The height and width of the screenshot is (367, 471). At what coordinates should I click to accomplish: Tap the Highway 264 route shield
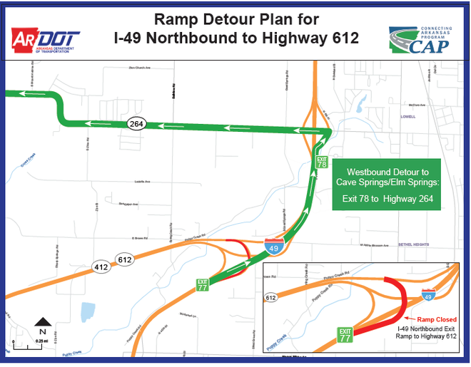pyautogui.click(x=136, y=123)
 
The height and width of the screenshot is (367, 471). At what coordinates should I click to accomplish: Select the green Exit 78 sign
pyautogui.click(x=322, y=162)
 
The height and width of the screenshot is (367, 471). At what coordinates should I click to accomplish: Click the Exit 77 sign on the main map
pyautogui.click(x=204, y=286)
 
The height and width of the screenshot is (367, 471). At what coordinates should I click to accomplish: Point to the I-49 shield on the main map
pyautogui.click(x=272, y=247)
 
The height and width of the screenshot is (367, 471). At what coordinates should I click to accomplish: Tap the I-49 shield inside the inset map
pyautogui.click(x=427, y=293)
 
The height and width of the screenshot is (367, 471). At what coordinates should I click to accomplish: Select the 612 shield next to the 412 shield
pyautogui.click(x=126, y=260)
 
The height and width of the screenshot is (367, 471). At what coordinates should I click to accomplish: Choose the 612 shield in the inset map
pyautogui.click(x=272, y=297)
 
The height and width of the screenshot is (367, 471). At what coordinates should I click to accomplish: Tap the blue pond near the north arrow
pyautogui.click(x=88, y=311)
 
